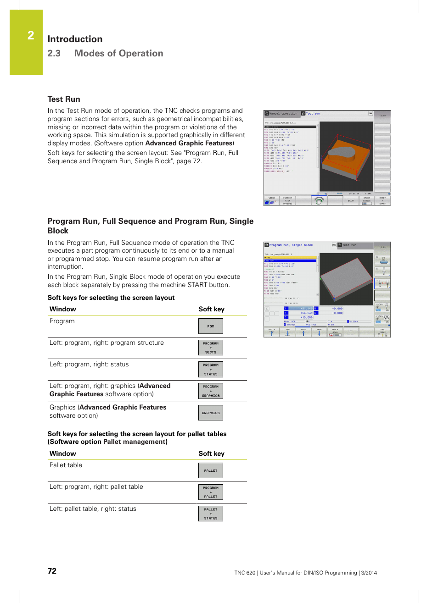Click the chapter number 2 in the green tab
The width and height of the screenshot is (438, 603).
point(31,36)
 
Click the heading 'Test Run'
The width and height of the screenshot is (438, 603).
point(64,99)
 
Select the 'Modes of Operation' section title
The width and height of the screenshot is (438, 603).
point(118,53)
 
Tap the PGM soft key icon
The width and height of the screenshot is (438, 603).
point(211,326)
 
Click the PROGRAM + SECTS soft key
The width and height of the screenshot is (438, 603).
point(211,348)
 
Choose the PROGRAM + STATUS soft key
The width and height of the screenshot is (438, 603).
point(211,370)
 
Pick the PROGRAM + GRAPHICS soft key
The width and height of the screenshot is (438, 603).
point(211,391)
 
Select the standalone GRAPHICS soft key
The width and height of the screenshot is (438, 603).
point(211,413)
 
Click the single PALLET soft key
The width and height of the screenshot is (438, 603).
point(211,470)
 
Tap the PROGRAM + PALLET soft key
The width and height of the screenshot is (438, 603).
point(211,492)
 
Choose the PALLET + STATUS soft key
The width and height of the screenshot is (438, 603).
point(211,514)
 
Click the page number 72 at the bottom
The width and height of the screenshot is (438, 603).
point(52,571)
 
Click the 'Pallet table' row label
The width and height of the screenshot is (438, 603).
point(66,465)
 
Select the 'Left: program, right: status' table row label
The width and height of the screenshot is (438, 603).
point(89,364)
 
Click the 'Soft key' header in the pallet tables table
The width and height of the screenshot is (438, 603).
point(211,454)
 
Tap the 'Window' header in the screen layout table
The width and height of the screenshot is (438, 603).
point(63,309)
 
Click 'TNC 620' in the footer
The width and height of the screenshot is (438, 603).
point(245,573)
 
